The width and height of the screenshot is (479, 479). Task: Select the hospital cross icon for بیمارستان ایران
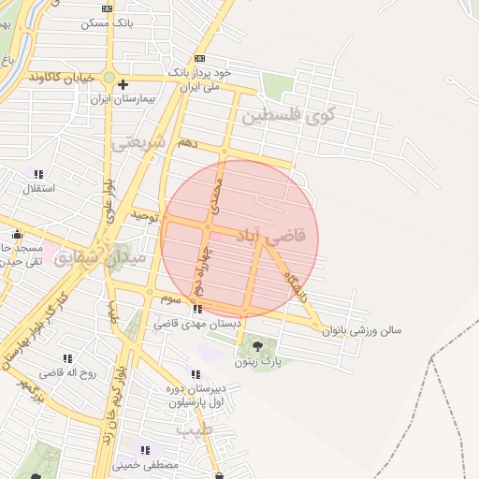pyautogui.click(x=123, y=84)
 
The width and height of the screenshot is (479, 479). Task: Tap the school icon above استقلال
pyautogui.click(x=38, y=174)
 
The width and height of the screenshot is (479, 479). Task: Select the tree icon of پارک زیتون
pyautogui.click(x=258, y=348)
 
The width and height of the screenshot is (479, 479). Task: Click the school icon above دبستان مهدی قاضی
pyautogui.click(x=196, y=310)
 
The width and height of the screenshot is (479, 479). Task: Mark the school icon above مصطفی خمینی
pyautogui.click(x=145, y=451)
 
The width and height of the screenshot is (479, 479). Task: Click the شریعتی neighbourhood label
pyautogui.click(x=138, y=143)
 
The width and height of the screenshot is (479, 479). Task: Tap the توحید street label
pyautogui.click(x=142, y=215)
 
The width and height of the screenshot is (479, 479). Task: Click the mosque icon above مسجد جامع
pyautogui.click(x=17, y=235)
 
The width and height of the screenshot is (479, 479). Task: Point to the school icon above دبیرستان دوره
pyautogui.click(x=195, y=375)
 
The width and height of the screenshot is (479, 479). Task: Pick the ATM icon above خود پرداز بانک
pyautogui.click(x=199, y=59)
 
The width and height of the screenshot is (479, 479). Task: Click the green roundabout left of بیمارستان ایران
pyautogui.click(x=109, y=77)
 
